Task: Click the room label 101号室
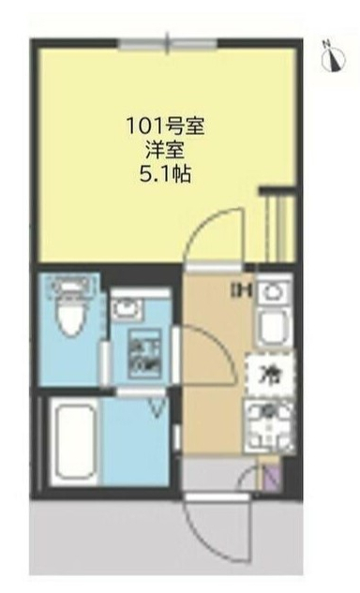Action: pos(166,125)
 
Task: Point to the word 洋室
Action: pos(166,149)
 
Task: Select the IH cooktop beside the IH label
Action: pos(273,291)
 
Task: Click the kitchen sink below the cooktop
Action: pos(273,329)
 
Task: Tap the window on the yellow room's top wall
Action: pos(168,43)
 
